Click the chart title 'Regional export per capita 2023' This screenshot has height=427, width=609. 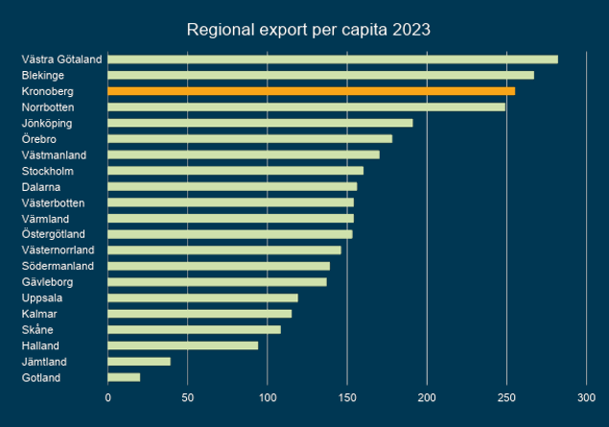(x=308, y=30)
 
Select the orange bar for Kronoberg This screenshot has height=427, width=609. (x=311, y=91)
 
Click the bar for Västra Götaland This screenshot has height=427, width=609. (x=332, y=59)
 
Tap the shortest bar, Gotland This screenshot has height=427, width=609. (x=124, y=377)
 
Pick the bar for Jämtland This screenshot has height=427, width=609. (x=139, y=361)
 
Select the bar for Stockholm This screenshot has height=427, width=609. (x=235, y=171)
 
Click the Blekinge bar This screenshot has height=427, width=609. (x=320, y=75)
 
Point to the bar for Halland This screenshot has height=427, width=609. (x=182, y=345)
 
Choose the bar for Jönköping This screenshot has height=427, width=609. (x=260, y=123)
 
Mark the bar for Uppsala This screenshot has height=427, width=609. (x=202, y=297)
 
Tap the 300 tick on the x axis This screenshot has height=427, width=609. (x=586, y=396)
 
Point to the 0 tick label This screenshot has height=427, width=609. (x=107, y=396)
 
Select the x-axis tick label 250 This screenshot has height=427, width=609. (x=506, y=396)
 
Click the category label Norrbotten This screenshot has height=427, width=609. (x=48, y=107)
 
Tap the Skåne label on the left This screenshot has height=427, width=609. (x=38, y=329)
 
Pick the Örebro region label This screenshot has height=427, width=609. (x=39, y=139)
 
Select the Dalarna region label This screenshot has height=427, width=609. (x=41, y=186)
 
